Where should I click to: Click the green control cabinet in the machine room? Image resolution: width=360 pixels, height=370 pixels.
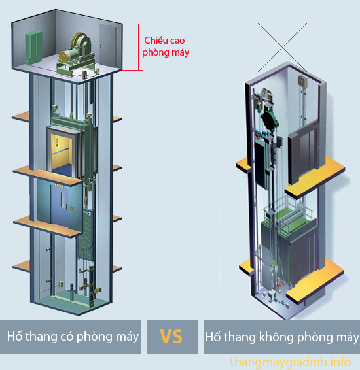click(x=33, y=47)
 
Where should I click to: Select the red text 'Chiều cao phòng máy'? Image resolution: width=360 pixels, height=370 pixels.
click(x=166, y=46)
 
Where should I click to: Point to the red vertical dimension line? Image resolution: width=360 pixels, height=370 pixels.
click(x=139, y=47)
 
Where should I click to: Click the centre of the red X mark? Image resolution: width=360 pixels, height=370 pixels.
click(x=282, y=47)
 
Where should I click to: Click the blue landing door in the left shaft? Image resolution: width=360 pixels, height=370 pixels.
click(x=60, y=205)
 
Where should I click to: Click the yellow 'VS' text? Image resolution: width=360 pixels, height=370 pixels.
click(x=171, y=337)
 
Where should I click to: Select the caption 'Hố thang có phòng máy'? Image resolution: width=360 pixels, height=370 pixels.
click(x=73, y=337)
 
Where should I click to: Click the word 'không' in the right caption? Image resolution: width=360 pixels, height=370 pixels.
click(x=277, y=337)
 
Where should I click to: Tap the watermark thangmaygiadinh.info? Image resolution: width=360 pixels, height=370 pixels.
click(x=291, y=362)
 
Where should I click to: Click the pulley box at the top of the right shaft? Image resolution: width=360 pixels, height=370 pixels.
click(x=302, y=82)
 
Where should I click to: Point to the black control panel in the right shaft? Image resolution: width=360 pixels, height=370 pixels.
click(x=262, y=165)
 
